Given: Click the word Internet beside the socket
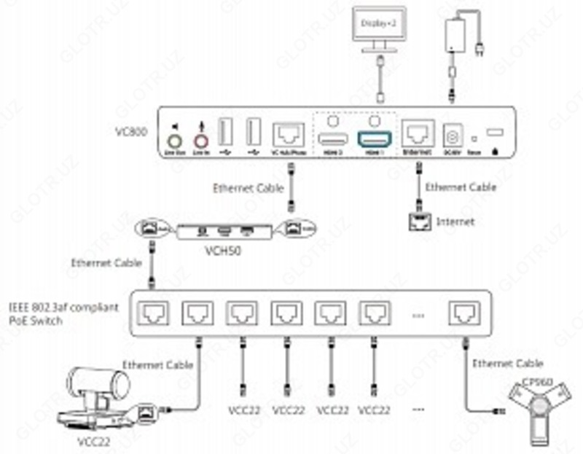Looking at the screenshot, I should click(x=455, y=221).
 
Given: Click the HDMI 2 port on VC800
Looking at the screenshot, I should click(x=332, y=136).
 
